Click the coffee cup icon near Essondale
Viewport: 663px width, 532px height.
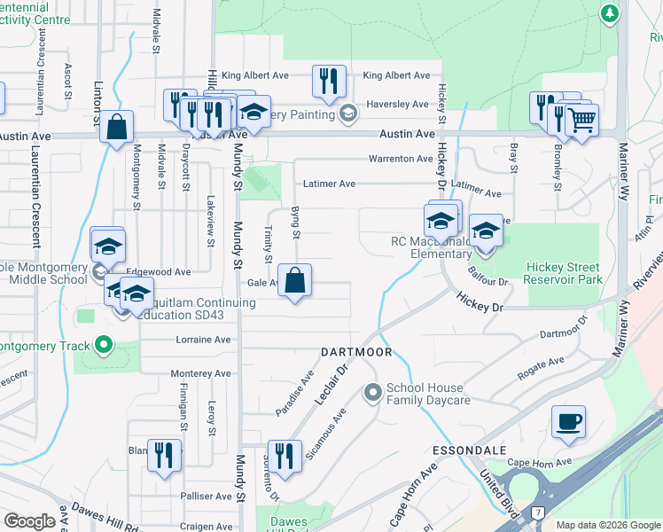[568, 422]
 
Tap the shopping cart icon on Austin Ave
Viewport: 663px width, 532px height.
[581, 121]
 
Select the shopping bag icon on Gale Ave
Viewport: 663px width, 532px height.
[295, 281]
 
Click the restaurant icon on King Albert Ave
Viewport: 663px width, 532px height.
[329, 82]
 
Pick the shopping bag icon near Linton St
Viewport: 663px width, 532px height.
[116, 127]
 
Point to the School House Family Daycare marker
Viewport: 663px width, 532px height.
[372, 390]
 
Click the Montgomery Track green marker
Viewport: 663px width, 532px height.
[103, 345]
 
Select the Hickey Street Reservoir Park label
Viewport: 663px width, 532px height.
[564, 273]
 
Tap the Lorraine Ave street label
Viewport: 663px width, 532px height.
[204, 340]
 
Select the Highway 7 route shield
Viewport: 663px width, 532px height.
[537, 512]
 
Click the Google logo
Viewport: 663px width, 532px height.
[29, 521]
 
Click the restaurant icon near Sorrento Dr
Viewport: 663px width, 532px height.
[285, 457]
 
